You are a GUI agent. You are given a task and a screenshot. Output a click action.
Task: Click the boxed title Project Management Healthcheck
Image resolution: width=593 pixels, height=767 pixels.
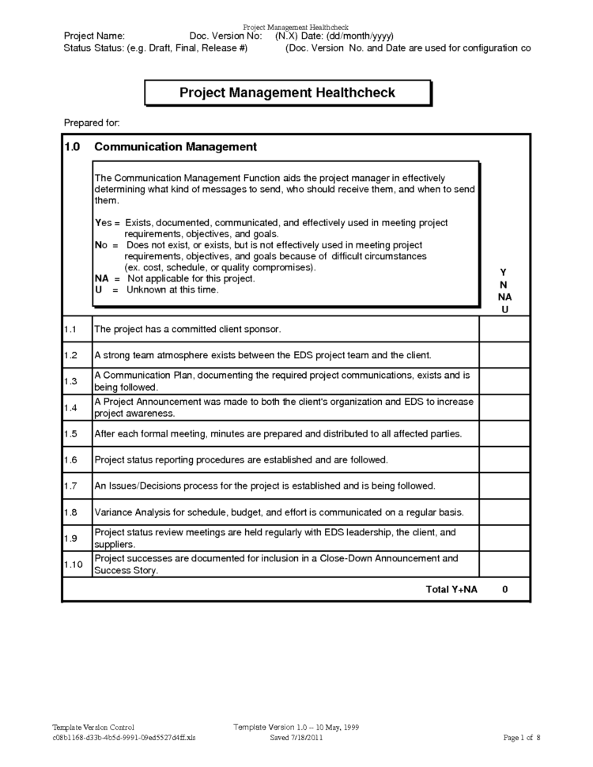287,93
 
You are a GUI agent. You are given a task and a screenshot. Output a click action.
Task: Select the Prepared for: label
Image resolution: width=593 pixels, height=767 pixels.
91,123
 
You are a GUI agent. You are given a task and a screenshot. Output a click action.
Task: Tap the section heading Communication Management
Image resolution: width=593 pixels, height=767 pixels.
175,146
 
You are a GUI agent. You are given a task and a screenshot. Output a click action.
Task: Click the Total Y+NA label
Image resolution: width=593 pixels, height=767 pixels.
451,590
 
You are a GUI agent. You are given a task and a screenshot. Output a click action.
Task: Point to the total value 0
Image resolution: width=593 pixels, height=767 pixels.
504,590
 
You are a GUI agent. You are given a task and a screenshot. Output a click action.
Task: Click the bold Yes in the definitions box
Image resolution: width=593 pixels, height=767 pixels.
103,224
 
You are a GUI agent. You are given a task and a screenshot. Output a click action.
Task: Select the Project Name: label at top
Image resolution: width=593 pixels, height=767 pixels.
93,36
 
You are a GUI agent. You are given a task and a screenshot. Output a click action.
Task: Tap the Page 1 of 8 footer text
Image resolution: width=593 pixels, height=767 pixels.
522,738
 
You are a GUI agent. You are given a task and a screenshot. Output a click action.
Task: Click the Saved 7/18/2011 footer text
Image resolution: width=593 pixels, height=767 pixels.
296,738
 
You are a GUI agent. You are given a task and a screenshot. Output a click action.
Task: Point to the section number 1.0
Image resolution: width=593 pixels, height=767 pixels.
73,146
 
